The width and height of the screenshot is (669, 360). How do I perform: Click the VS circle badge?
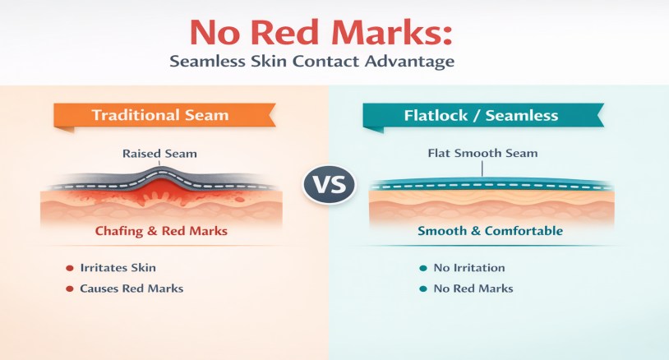click(329, 184)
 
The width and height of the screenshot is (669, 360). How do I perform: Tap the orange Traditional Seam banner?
click(164, 116)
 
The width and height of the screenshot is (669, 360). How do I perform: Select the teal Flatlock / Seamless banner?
click(483, 116)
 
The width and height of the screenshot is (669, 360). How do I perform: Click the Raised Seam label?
click(159, 154)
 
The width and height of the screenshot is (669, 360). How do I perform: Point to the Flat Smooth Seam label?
click(482, 153)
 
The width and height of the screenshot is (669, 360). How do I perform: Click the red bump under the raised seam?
click(159, 190)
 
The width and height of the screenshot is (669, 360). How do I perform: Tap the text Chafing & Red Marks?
click(161, 231)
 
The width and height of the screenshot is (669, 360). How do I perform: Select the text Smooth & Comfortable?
click(490, 231)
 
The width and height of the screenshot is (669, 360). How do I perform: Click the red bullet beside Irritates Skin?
click(70, 268)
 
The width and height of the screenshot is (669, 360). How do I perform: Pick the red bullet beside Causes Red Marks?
click(70, 289)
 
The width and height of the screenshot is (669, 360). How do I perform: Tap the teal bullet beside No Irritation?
click(423, 268)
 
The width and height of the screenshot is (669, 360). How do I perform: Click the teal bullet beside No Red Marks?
click(423, 289)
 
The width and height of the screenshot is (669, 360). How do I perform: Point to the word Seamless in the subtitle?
click(207, 61)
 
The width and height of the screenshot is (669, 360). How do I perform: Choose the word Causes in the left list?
click(99, 288)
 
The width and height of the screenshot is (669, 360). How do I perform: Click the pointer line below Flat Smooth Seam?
click(482, 168)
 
